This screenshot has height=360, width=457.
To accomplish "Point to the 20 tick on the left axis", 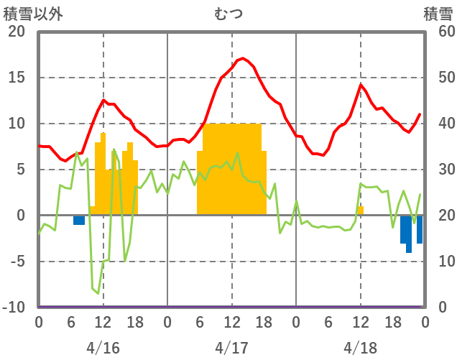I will [x=16, y=32].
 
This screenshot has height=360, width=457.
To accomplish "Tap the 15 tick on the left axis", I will [x=16, y=78].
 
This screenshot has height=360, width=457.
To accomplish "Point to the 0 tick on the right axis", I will [x=443, y=308].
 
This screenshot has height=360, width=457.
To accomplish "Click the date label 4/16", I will [x=103, y=348].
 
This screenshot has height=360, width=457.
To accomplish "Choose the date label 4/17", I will [x=231, y=348].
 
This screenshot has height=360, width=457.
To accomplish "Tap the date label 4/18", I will [x=360, y=348].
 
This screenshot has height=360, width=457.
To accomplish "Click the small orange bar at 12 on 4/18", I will [x=361, y=211].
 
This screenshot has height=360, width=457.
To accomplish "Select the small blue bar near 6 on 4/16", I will [x=79, y=220].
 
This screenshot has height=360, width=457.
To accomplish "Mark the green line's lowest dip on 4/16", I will [x=98, y=293].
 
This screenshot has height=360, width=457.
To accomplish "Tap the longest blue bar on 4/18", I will [x=409, y=234].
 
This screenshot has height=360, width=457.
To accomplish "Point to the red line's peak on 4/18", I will [x=361, y=85].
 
